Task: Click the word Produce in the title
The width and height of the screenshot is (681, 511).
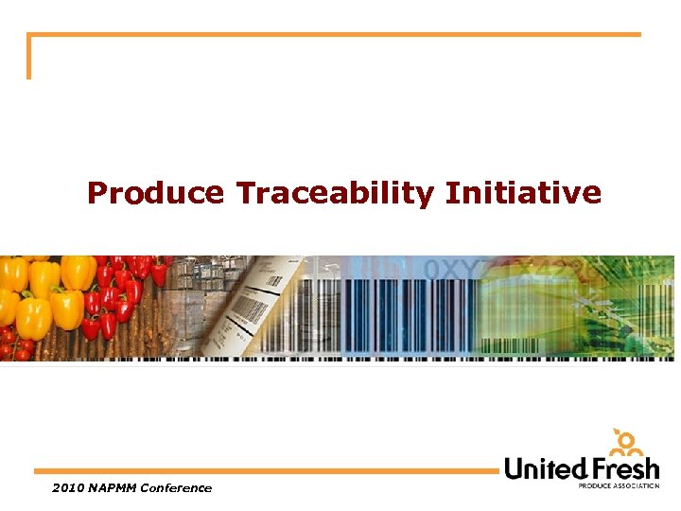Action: coord(155,194)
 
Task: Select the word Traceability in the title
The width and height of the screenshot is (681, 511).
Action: coord(335,194)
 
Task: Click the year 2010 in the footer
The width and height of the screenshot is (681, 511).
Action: coord(68,488)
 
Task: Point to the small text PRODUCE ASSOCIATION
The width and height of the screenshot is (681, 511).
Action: coord(619,485)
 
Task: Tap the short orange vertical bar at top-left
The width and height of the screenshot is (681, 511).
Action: coord(28,57)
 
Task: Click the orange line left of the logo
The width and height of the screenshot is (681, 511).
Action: coord(265,470)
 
